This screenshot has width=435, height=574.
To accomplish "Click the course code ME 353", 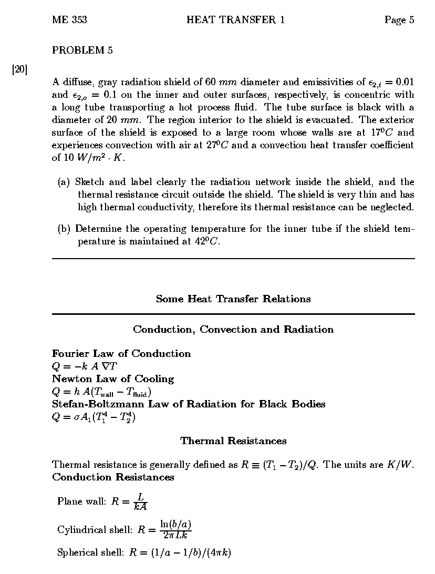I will pyautogui.click(x=69, y=20).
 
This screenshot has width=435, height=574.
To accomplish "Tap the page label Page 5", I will pyautogui.click(x=399, y=20).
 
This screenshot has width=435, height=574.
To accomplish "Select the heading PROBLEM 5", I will pyautogui.click(x=82, y=50).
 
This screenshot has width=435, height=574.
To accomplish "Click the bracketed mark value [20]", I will pyautogui.click(x=19, y=69).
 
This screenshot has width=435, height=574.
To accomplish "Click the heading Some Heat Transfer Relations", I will pyautogui.click(x=233, y=299).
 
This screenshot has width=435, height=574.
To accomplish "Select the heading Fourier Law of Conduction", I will pyautogui.click(x=121, y=353).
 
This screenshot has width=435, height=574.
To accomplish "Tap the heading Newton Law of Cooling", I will pyautogui.click(x=113, y=378).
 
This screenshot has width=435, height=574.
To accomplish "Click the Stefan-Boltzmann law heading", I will pyautogui.click(x=189, y=404).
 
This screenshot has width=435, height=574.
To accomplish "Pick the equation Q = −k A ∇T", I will pyautogui.click(x=85, y=366).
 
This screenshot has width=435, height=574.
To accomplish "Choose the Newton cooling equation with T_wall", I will pyautogui.click(x=100, y=392).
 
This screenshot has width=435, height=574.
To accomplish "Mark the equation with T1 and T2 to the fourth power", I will pyautogui.click(x=94, y=417).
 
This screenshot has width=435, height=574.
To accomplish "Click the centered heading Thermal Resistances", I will pyautogui.click(x=233, y=440).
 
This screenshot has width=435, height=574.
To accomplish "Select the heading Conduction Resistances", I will pyautogui.click(x=113, y=477).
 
